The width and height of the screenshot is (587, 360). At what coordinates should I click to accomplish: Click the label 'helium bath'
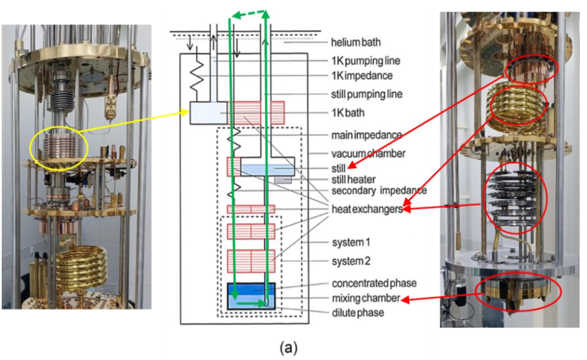pyautogui.click(x=356, y=43)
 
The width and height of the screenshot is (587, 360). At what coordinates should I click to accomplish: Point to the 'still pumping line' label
pyautogui.click(x=367, y=94)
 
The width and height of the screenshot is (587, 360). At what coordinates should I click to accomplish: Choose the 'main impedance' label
pyautogui.click(x=366, y=135)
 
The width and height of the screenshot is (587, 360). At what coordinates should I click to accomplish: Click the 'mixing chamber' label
pyautogui.click(x=365, y=297)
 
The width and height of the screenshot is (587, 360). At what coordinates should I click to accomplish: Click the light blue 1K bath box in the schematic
pyautogui.click(x=208, y=113)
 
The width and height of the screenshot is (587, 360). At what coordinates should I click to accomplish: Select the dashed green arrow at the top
pyautogui.click(x=247, y=14)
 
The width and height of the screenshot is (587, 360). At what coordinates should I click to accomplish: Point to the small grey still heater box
pyautogui.click(x=283, y=179)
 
